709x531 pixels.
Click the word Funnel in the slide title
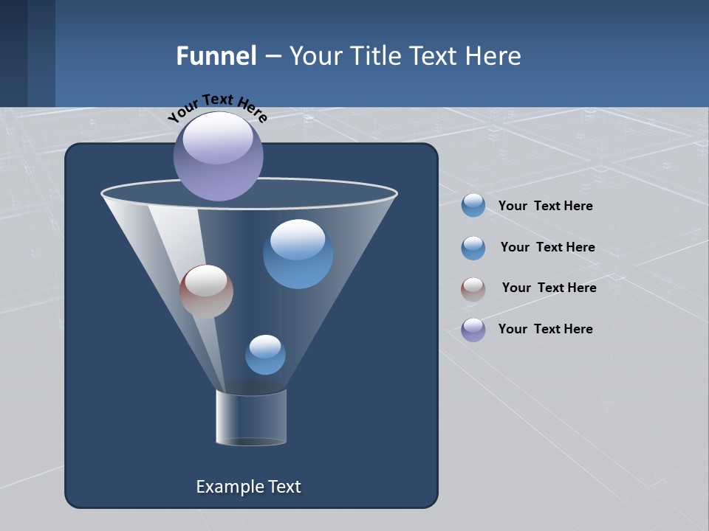216,56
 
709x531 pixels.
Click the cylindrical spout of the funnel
251,417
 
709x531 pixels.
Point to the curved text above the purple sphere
218,108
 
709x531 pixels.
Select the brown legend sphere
473,289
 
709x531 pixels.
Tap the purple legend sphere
473,330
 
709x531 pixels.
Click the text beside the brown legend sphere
549,288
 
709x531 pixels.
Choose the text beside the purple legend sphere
545,329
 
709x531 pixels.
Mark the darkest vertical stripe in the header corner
13,53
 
